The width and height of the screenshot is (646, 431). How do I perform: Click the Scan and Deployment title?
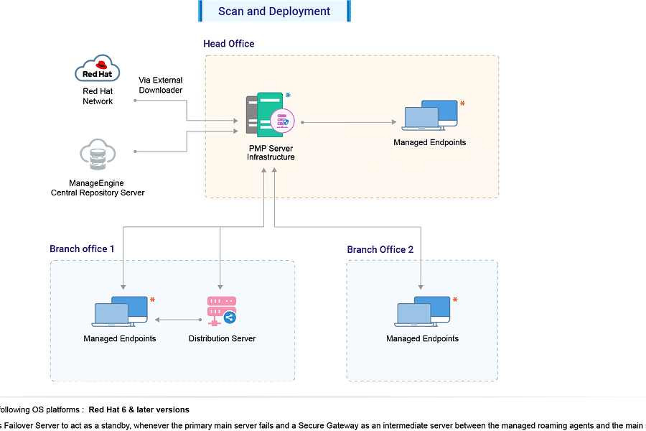274,11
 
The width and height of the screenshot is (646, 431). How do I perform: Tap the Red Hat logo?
97,72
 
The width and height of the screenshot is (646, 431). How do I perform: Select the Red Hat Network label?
97,96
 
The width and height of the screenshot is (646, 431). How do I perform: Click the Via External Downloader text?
161,85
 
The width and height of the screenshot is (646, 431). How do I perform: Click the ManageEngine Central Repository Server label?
97,187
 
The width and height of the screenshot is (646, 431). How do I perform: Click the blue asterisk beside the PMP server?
289,96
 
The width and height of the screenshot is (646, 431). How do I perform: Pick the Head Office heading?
228,44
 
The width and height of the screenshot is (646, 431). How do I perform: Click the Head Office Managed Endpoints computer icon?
430,116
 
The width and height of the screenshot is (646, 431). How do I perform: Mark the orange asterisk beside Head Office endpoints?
462,105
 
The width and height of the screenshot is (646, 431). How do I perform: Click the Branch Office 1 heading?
82,249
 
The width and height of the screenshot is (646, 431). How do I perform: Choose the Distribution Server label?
222,338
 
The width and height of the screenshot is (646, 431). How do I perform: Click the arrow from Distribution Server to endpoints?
178,319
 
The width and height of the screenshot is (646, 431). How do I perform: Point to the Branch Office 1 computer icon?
120,311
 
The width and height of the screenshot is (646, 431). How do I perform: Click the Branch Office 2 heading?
380,249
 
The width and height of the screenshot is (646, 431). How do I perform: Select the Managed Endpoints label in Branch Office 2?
422,338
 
